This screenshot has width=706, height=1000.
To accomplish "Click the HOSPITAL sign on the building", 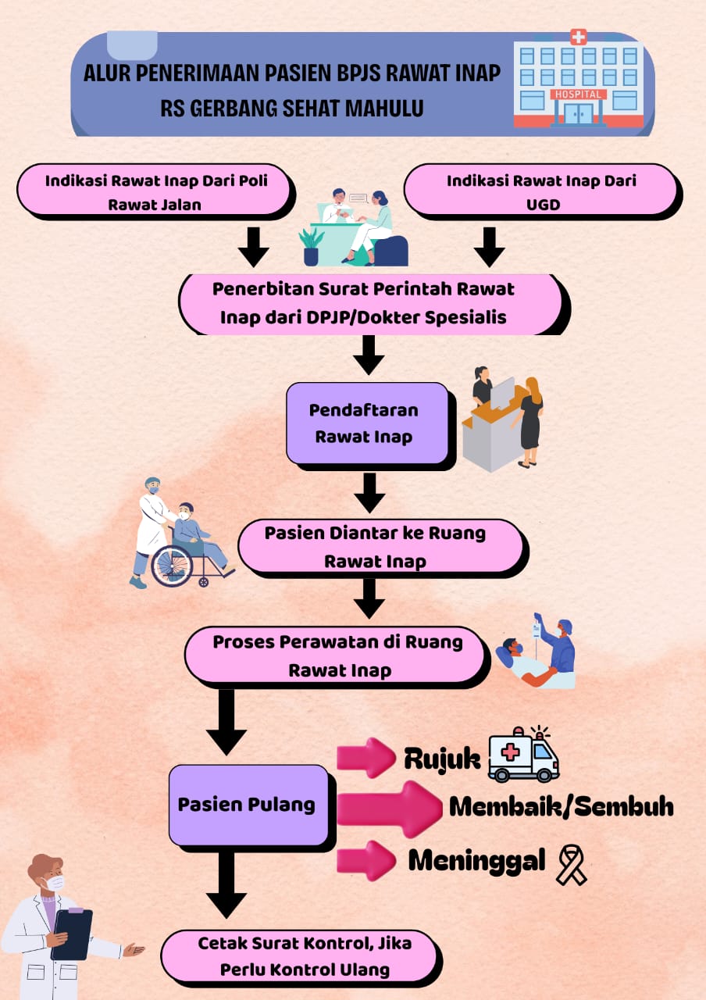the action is (579, 95).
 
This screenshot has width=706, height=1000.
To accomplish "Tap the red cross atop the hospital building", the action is (579, 37).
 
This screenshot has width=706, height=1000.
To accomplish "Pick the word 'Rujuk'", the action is (442, 759).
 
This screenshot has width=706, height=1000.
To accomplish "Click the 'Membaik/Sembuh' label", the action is (562, 807).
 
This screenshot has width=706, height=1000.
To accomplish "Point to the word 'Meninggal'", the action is (476, 861).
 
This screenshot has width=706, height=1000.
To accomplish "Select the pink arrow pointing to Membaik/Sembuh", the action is (389, 809).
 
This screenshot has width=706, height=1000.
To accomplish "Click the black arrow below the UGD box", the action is (489, 247).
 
